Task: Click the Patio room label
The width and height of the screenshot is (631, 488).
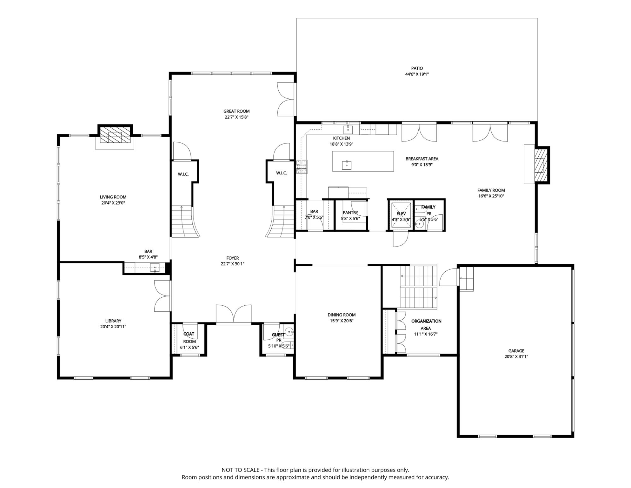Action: pos(417,68)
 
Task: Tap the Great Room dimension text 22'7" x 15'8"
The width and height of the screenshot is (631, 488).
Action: pos(236,117)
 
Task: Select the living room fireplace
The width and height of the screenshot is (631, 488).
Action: pos(115,135)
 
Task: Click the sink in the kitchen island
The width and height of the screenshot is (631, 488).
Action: pos(347,165)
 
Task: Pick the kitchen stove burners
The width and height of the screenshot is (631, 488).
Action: pos(302,167)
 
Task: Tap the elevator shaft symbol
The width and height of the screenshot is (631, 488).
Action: pos(401,215)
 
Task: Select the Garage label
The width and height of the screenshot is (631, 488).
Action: pos(516,351)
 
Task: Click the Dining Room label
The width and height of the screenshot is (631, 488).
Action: pos(342,315)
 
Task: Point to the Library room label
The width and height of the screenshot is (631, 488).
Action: pos(113,321)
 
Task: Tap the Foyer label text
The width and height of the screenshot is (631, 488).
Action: pos(233,258)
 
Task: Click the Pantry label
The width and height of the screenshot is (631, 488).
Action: pos(350,213)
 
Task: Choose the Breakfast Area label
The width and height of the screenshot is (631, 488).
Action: pos(422,159)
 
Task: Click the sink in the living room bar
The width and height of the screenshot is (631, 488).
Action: pos(155,268)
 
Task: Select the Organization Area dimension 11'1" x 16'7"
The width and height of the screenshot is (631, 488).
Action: pos(426,334)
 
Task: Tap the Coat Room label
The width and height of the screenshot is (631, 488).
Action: pos(189,338)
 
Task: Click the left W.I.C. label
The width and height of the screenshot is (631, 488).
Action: pos(183,174)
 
